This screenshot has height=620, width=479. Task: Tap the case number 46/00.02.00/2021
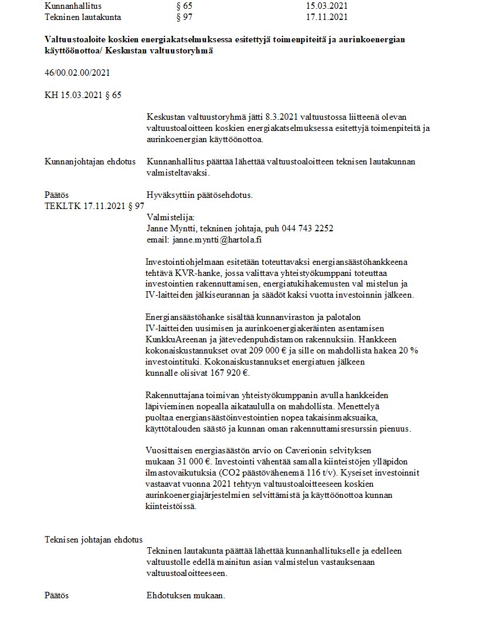tap(77, 73)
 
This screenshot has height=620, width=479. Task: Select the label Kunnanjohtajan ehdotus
tap(90, 161)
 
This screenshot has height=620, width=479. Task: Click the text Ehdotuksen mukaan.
tap(185, 596)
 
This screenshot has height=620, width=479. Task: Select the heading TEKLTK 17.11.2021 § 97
tap(95, 206)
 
